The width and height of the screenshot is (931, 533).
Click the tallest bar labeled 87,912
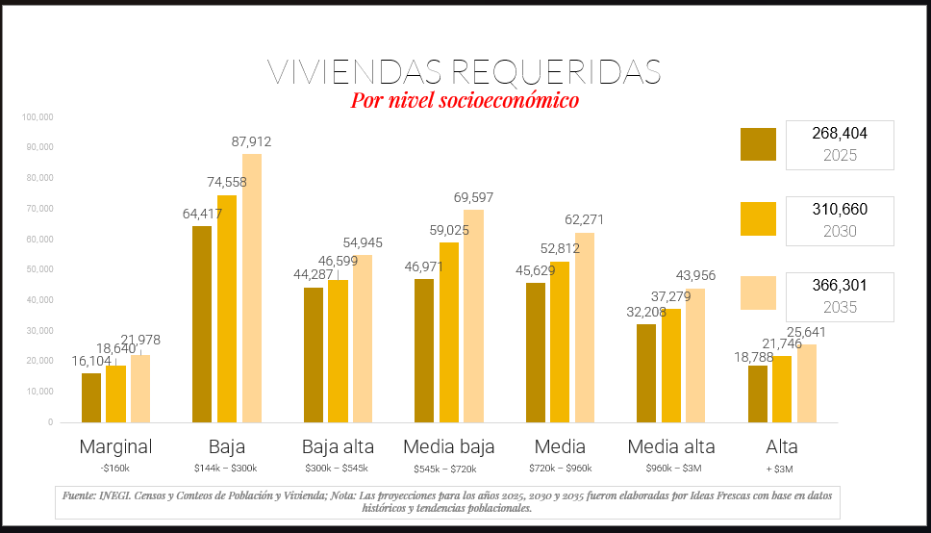coord(252,288)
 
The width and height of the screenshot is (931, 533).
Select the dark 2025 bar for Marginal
coord(91,397)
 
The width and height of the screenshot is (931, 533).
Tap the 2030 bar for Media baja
coord(449,332)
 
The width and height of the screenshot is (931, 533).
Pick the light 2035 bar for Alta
coord(807,383)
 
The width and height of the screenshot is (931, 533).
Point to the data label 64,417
coord(203,214)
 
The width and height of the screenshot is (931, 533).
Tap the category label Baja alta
coord(339,447)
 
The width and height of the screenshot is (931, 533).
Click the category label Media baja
coord(449,447)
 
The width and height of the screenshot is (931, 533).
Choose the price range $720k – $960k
coord(560,469)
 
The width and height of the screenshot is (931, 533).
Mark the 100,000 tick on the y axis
coord(36,117)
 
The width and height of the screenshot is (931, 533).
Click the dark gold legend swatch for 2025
coord(758,144)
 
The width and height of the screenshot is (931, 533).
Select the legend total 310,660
coord(840,209)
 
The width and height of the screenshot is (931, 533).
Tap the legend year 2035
coord(840,308)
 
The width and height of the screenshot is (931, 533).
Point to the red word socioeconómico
coord(509,100)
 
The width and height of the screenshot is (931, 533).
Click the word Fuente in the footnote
coord(79,495)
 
